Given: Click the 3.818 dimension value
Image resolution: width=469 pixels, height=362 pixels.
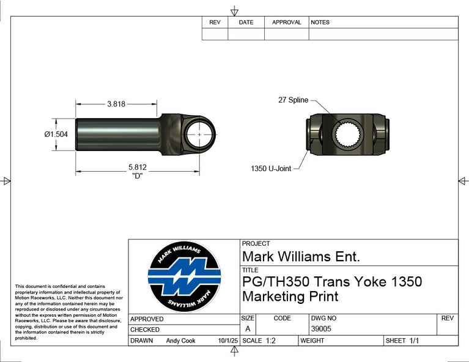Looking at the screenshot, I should coord(116,104).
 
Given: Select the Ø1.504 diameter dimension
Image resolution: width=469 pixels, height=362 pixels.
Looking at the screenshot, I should coord(56,135).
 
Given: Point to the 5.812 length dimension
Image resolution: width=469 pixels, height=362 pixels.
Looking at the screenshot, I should coord(138,167).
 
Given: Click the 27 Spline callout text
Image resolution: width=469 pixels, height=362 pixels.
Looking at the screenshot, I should coord(293,100).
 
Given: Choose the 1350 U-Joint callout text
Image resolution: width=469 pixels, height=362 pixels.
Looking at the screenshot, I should coord(271,168).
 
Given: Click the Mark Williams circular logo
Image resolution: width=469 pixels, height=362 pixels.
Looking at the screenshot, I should coord(184,277).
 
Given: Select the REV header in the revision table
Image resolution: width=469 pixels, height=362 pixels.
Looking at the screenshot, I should coord(215,23).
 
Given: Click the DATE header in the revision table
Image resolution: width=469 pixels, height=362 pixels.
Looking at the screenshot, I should coord(246,23).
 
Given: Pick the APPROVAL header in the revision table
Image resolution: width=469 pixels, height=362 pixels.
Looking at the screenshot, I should coord(287,23).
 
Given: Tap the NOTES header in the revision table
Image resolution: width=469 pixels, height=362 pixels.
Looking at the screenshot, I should coord(320,23).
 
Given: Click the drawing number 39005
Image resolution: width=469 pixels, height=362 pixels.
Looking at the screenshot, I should coord(320,329).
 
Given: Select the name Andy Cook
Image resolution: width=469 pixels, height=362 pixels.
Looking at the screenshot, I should coord(180,341).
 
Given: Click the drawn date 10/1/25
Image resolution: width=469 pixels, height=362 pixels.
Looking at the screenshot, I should coord(227,341).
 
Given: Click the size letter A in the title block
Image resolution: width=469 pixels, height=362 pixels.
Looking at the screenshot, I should coord(248,329).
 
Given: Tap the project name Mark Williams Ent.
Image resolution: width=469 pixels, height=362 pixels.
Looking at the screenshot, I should coord(301,256).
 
